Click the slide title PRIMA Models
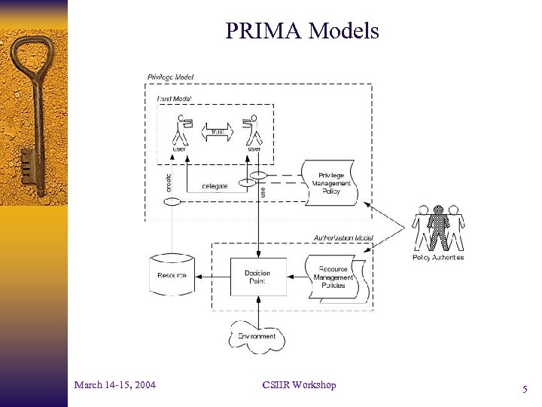[301, 31]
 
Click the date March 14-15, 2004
[115, 385]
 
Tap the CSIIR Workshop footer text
[299, 385]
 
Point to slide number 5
[525, 390]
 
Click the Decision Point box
[257, 276]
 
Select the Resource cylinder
[172, 275]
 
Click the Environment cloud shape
[257, 336]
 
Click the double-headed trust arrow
[218, 131]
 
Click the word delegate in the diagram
[215, 186]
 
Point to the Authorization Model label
[343, 237]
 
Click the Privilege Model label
[169, 76]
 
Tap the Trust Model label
[174, 99]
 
